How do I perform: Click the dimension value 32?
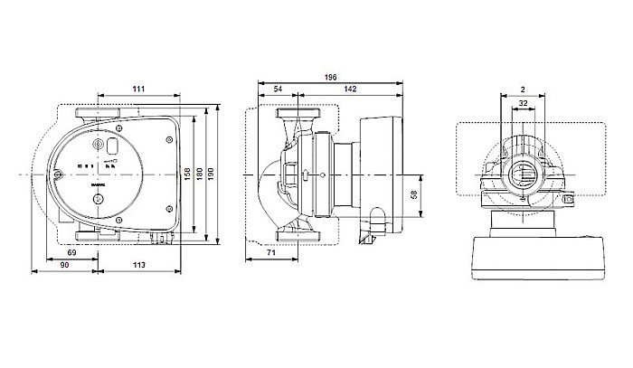524,104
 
